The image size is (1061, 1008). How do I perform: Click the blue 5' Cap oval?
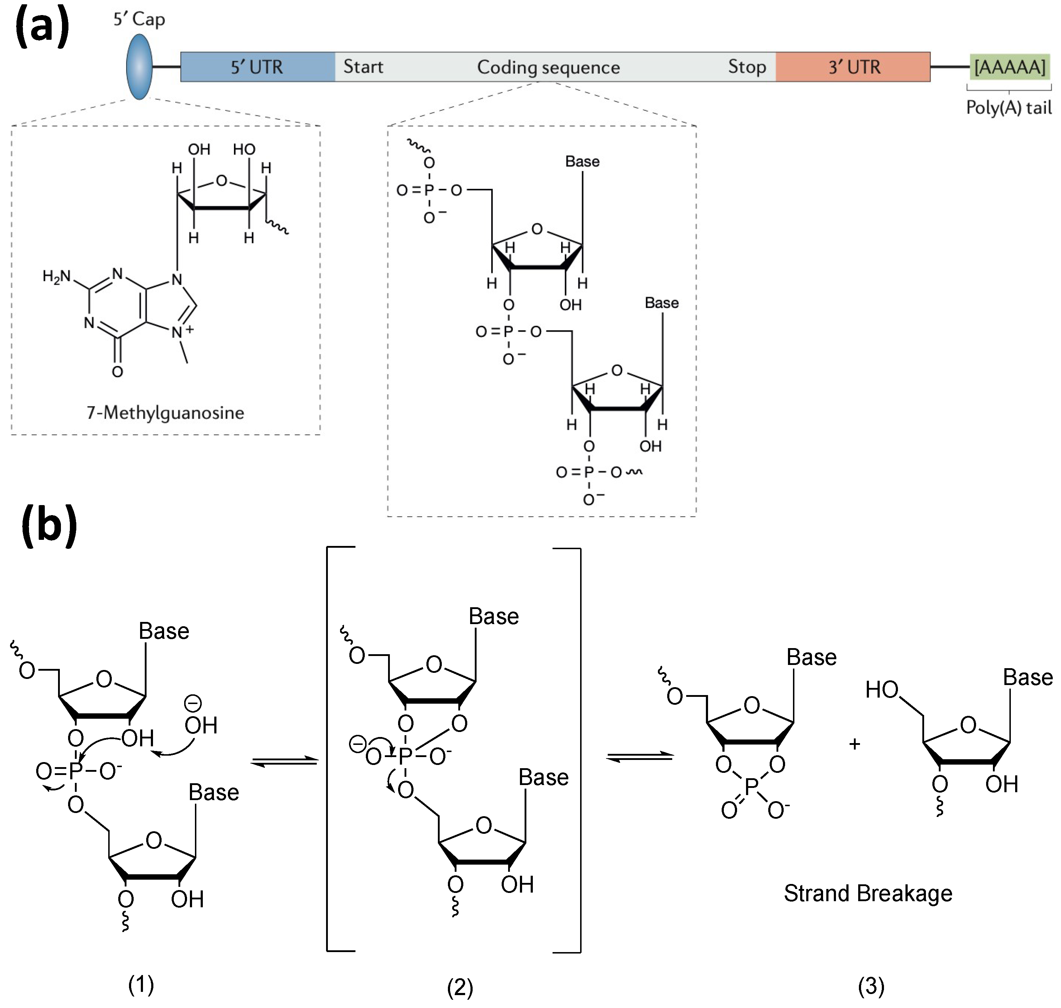pyautogui.click(x=139, y=67)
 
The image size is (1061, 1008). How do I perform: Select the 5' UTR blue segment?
pyautogui.click(x=257, y=67)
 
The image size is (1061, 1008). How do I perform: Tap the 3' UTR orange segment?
pyautogui.click(x=853, y=67)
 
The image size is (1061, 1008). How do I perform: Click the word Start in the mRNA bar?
pyautogui.click(x=363, y=67)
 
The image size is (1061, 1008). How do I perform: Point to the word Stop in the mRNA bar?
pyautogui.click(x=747, y=67)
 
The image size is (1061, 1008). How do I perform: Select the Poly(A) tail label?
pyautogui.click(x=1008, y=108)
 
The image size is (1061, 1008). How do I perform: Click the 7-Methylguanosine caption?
pyautogui.click(x=166, y=413)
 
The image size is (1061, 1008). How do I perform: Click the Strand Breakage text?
pyautogui.click(x=868, y=893)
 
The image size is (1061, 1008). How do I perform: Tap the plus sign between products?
pyautogui.click(x=854, y=744)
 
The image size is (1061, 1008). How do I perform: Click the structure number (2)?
pyautogui.click(x=460, y=987)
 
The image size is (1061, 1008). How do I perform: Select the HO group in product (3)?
pyautogui.click(x=881, y=689)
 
